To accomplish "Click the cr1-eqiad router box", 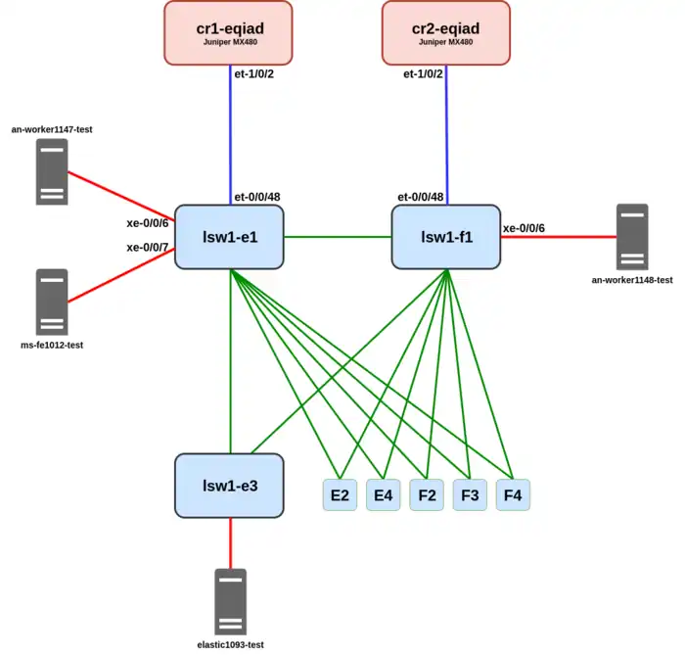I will click(x=228, y=32).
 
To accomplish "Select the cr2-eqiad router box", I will click(x=446, y=32).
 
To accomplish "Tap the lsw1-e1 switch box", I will click(x=229, y=236).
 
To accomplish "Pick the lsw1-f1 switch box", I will click(x=446, y=236).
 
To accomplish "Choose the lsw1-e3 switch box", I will click(x=229, y=485).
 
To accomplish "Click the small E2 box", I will click(x=341, y=495).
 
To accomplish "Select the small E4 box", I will click(x=384, y=495).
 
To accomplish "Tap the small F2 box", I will click(x=427, y=495).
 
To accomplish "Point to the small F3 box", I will click(x=470, y=495).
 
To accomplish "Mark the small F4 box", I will click(x=513, y=495).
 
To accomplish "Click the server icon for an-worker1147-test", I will click(x=52, y=171).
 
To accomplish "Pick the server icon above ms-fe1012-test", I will click(x=52, y=302).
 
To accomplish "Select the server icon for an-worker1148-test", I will click(x=632, y=237).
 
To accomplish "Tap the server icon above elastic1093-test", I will click(x=231, y=601).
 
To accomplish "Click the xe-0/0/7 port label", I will click(x=148, y=248).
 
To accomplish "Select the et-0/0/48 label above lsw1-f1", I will click(x=421, y=197).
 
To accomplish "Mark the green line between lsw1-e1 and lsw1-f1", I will click(x=338, y=236).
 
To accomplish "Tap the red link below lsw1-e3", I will click(x=231, y=542).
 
